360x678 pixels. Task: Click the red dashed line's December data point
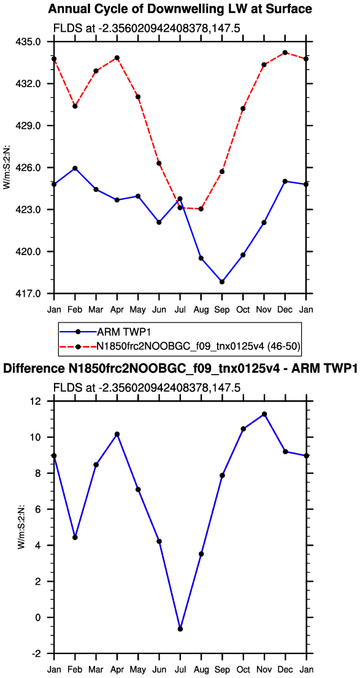285,53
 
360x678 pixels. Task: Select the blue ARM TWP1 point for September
222,282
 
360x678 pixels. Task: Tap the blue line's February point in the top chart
75,168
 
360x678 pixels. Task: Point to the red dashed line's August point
201,209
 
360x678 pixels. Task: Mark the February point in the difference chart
75,537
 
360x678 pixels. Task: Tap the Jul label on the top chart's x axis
180,310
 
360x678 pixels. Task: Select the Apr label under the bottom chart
117,669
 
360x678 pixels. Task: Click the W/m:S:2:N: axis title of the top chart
7,167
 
